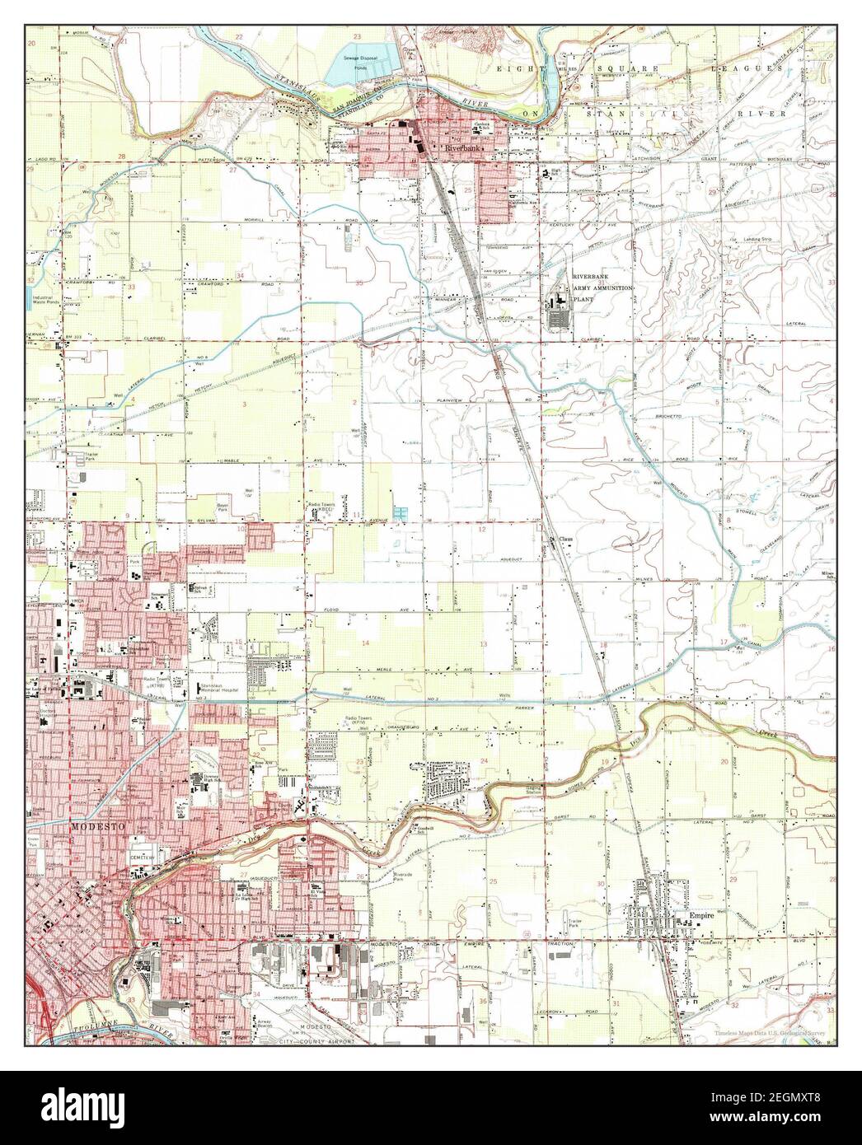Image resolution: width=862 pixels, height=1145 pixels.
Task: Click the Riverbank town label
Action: [x=462, y=148]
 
